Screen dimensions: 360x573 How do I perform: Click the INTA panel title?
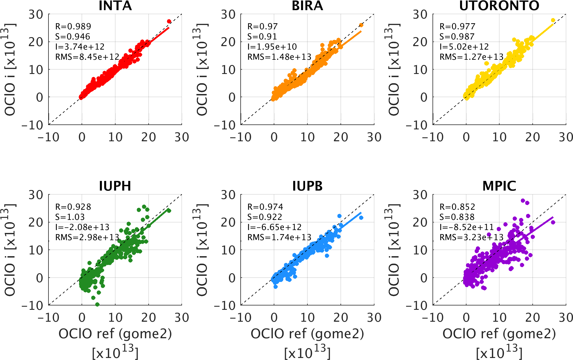115,6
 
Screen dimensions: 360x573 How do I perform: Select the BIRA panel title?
307,6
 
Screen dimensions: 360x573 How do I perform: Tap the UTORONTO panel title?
499,6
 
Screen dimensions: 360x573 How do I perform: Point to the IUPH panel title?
115,186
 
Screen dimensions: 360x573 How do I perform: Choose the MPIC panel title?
499,186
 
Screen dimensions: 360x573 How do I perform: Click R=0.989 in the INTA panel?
73,26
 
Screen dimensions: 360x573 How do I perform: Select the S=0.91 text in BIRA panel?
262,37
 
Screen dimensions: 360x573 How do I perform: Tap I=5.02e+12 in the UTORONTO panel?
464,47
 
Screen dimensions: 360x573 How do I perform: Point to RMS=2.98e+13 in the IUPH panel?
87,237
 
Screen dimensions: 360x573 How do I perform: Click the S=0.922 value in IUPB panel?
265,217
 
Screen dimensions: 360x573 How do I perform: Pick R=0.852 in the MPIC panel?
457,207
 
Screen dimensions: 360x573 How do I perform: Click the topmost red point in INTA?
169,21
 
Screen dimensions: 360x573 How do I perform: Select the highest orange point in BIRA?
361,25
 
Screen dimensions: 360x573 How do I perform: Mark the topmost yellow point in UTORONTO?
553,20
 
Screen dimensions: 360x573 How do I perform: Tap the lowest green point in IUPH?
97,304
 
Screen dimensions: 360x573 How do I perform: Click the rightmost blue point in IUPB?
361,218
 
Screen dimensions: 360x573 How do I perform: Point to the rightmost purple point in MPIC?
553,222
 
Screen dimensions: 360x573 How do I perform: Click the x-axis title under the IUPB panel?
307,334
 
